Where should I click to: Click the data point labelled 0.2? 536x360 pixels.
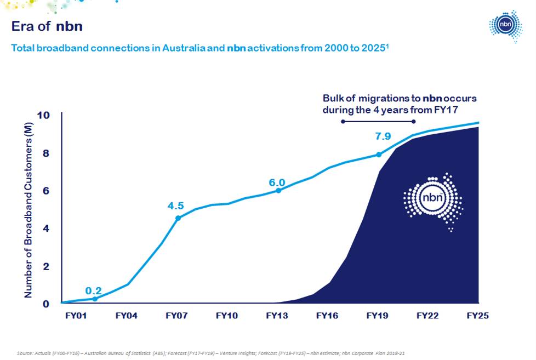[x=95, y=299]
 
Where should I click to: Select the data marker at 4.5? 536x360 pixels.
[x=178, y=218]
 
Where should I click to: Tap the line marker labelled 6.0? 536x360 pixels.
[x=278, y=190]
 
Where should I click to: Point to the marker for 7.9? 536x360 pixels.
[x=378, y=155]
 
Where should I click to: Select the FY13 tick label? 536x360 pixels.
[x=277, y=316]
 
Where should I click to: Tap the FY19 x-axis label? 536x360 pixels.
[x=378, y=316]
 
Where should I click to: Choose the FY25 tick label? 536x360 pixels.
[x=477, y=316]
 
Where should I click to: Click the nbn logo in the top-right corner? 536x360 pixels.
[x=505, y=25]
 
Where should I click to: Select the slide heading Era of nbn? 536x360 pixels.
[x=47, y=26]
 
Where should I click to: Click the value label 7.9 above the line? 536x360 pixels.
[x=383, y=136]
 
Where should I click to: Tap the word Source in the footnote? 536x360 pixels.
[x=25, y=353]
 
